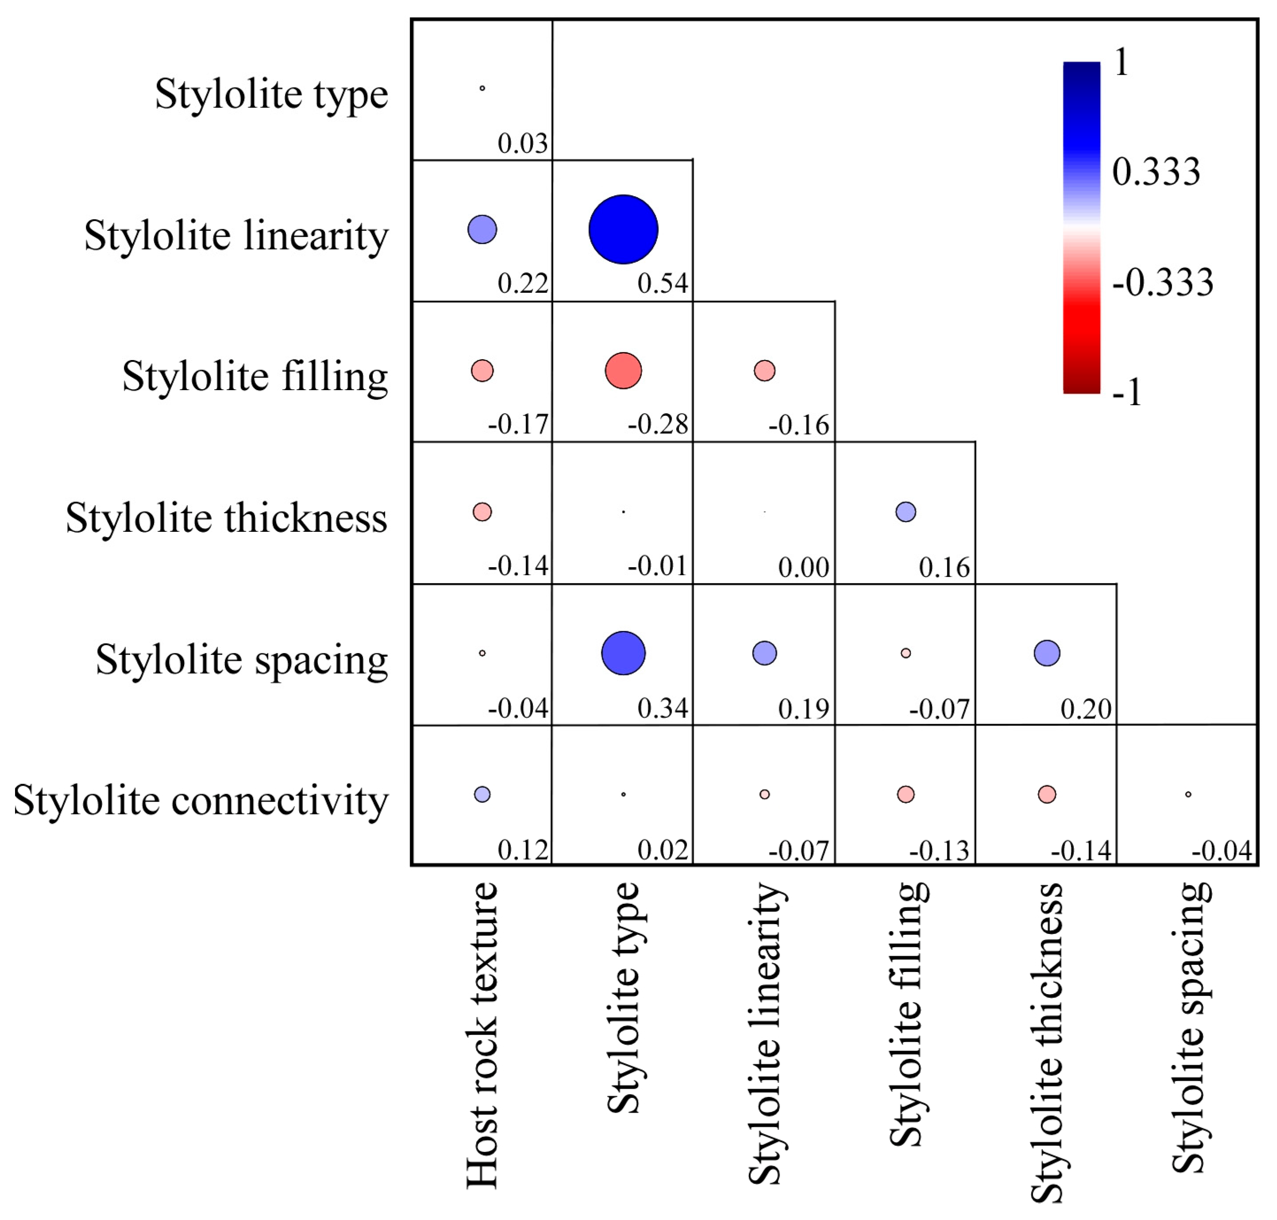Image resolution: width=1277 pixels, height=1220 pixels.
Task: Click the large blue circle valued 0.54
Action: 623,229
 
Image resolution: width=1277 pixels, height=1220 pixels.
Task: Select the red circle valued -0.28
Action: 623,370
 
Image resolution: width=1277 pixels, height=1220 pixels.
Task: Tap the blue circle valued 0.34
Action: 623,652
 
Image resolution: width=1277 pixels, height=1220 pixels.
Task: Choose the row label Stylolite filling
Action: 255,376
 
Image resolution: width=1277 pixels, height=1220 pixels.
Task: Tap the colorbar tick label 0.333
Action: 1155,172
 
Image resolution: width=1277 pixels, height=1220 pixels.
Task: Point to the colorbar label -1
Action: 1126,392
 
